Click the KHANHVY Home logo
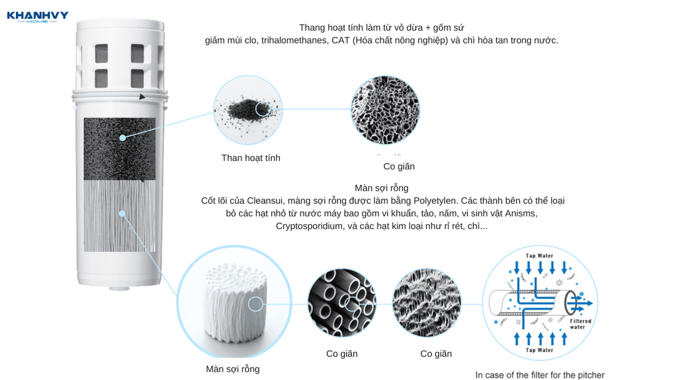pyautogui.click(x=38, y=16)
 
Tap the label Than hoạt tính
pyautogui.click(x=251, y=158)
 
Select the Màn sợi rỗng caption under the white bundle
pyautogui.click(x=233, y=369)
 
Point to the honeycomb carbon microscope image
pyautogui.click(x=385, y=110)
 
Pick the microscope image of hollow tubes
pyautogui.click(x=342, y=302)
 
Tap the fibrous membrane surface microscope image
pyautogui.click(x=427, y=302)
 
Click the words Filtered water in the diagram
pyautogui.click(x=580, y=324)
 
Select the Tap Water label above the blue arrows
pyautogui.click(x=539, y=255)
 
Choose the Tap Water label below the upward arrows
pyautogui.click(x=539, y=350)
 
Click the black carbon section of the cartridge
pyautogui.click(x=119, y=149)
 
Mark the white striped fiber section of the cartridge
pyautogui.click(x=119, y=216)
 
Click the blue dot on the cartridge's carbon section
pyautogui.click(x=123, y=138)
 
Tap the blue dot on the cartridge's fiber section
pyautogui.click(x=122, y=214)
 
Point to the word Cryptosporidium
pyautogui.click(x=309, y=227)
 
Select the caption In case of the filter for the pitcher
pyautogui.click(x=540, y=375)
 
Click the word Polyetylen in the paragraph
pyautogui.click(x=434, y=201)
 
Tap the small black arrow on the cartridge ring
pyautogui.click(x=142, y=97)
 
